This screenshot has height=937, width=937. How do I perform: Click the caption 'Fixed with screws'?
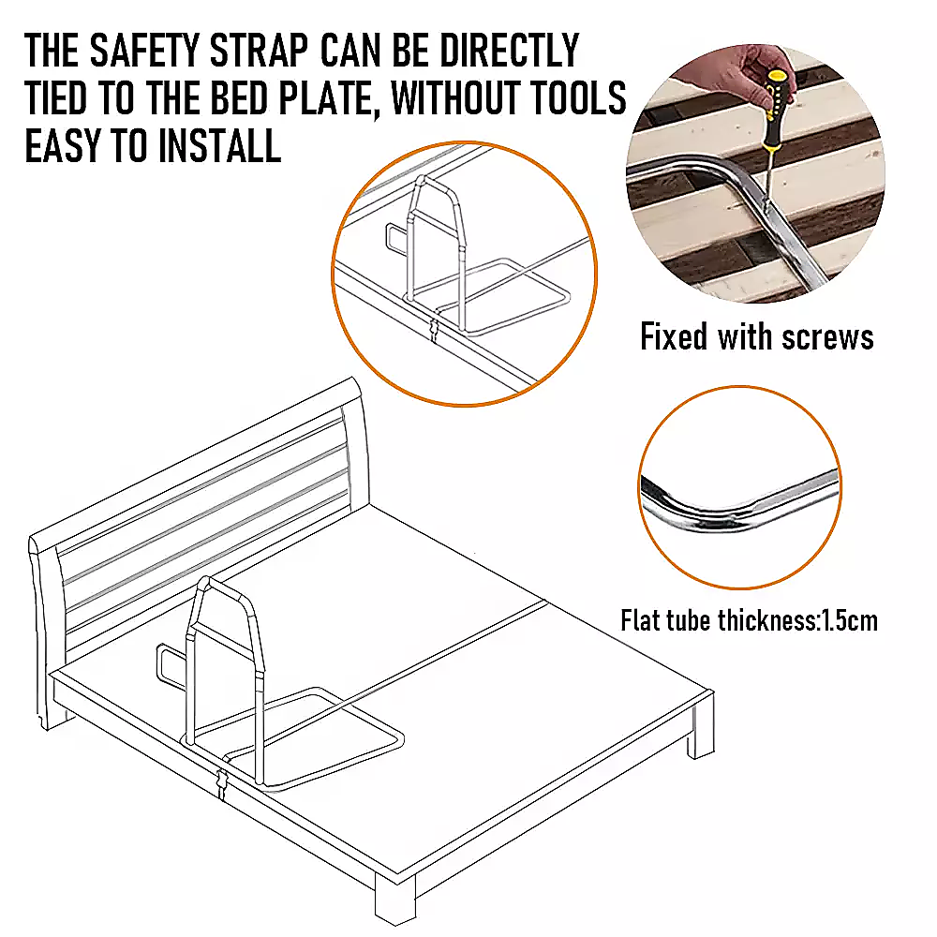[x=756, y=336]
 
